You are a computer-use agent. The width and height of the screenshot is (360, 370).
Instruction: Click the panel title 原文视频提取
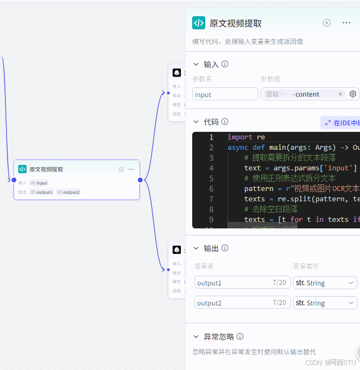[x=236, y=23]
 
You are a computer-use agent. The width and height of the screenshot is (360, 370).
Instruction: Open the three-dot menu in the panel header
[x=346, y=23]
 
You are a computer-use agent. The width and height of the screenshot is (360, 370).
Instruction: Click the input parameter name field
[x=225, y=94]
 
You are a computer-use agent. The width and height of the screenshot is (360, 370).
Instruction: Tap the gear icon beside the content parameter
[x=353, y=94]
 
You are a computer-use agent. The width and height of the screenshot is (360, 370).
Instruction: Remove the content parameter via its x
[x=340, y=94]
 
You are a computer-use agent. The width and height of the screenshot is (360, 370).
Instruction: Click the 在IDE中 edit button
[x=341, y=123]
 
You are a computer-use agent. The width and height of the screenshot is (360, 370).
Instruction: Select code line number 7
[x=211, y=199]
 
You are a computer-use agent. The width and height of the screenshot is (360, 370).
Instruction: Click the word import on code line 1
[x=239, y=137]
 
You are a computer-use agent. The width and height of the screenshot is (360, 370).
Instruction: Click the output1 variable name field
[x=233, y=283]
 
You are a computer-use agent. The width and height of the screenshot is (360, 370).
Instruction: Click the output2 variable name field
[x=233, y=303]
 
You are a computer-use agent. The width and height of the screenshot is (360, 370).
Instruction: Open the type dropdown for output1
[x=325, y=283]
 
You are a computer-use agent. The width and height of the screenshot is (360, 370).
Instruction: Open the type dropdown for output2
[x=325, y=303]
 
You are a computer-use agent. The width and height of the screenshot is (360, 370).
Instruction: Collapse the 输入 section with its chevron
[x=196, y=65]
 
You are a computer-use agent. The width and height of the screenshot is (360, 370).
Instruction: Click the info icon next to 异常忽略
[x=240, y=336]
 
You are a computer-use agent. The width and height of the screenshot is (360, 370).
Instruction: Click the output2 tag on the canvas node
[x=68, y=192]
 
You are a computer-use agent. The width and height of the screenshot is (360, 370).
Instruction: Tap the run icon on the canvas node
[x=121, y=169]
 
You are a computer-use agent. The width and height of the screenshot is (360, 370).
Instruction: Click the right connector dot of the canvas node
[x=140, y=180]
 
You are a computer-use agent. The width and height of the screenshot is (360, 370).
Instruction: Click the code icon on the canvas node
[x=22, y=169]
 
